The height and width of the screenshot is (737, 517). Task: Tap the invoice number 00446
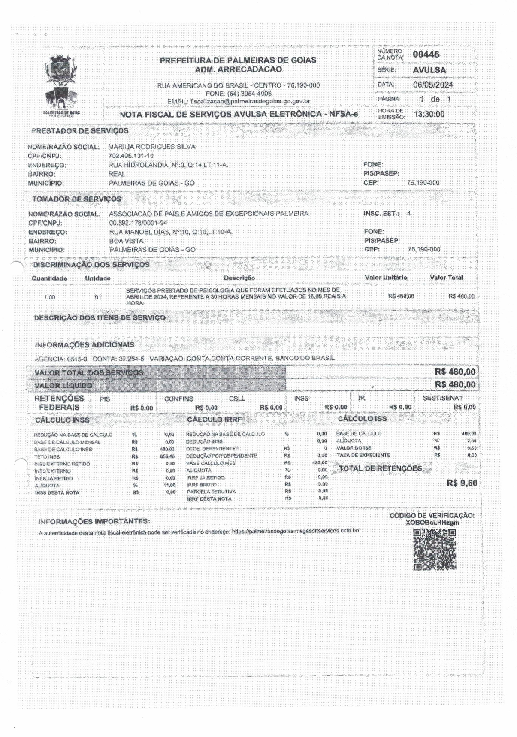426,54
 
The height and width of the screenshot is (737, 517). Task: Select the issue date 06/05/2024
432,85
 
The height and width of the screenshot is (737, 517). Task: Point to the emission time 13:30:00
429,114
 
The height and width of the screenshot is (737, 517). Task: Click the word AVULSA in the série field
429,70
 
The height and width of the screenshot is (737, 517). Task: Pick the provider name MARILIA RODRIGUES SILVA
151,147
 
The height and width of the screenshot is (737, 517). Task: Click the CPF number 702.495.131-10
131,156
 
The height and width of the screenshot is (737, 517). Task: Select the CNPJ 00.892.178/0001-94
138,223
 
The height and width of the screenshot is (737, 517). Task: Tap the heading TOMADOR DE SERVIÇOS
76,199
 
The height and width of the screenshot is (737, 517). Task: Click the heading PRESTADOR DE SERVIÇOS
80,131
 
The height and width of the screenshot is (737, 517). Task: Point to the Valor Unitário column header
386,278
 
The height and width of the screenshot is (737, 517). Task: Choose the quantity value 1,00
50,297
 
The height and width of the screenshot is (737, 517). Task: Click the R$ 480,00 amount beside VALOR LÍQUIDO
455,384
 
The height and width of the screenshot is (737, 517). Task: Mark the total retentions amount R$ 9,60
462,483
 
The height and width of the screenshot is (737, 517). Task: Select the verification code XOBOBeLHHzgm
432,523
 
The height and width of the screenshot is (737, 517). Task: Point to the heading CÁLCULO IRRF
215,419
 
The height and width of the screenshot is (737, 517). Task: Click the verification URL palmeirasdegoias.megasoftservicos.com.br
295,531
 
